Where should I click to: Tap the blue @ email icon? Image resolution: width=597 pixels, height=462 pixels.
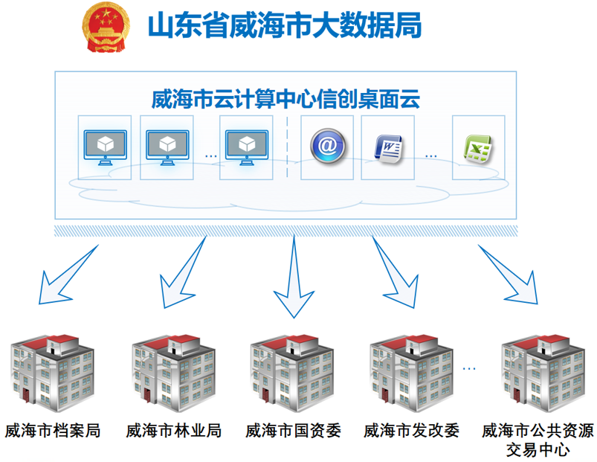[x=328, y=145]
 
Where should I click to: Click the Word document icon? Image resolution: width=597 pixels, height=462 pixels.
[x=388, y=147]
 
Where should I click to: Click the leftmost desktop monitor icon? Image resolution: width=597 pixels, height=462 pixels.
[x=104, y=147]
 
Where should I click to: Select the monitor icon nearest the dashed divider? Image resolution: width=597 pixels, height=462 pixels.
[x=246, y=147]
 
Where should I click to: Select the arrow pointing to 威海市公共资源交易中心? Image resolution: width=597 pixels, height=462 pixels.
[x=512, y=275]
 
